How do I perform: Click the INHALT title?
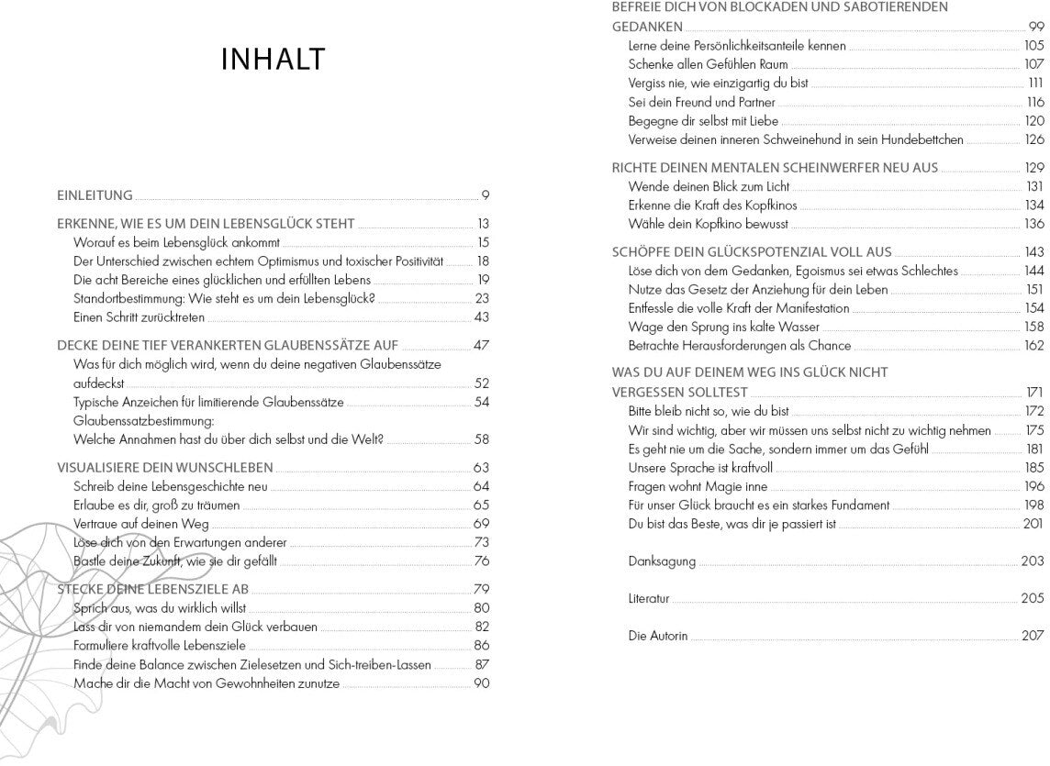click(x=274, y=60)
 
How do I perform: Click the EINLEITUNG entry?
click(x=95, y=195)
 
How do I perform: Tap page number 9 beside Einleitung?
click(x=486, y=195)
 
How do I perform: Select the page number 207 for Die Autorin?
click(x=1033, y=636)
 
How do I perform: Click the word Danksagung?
click(x=662, y=561)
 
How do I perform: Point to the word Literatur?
click(x=649, y=598)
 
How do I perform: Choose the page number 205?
click(x=1033, y=598)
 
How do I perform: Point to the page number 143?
click(x=1034, y=252)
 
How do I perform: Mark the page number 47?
click(x=482, y=346)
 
